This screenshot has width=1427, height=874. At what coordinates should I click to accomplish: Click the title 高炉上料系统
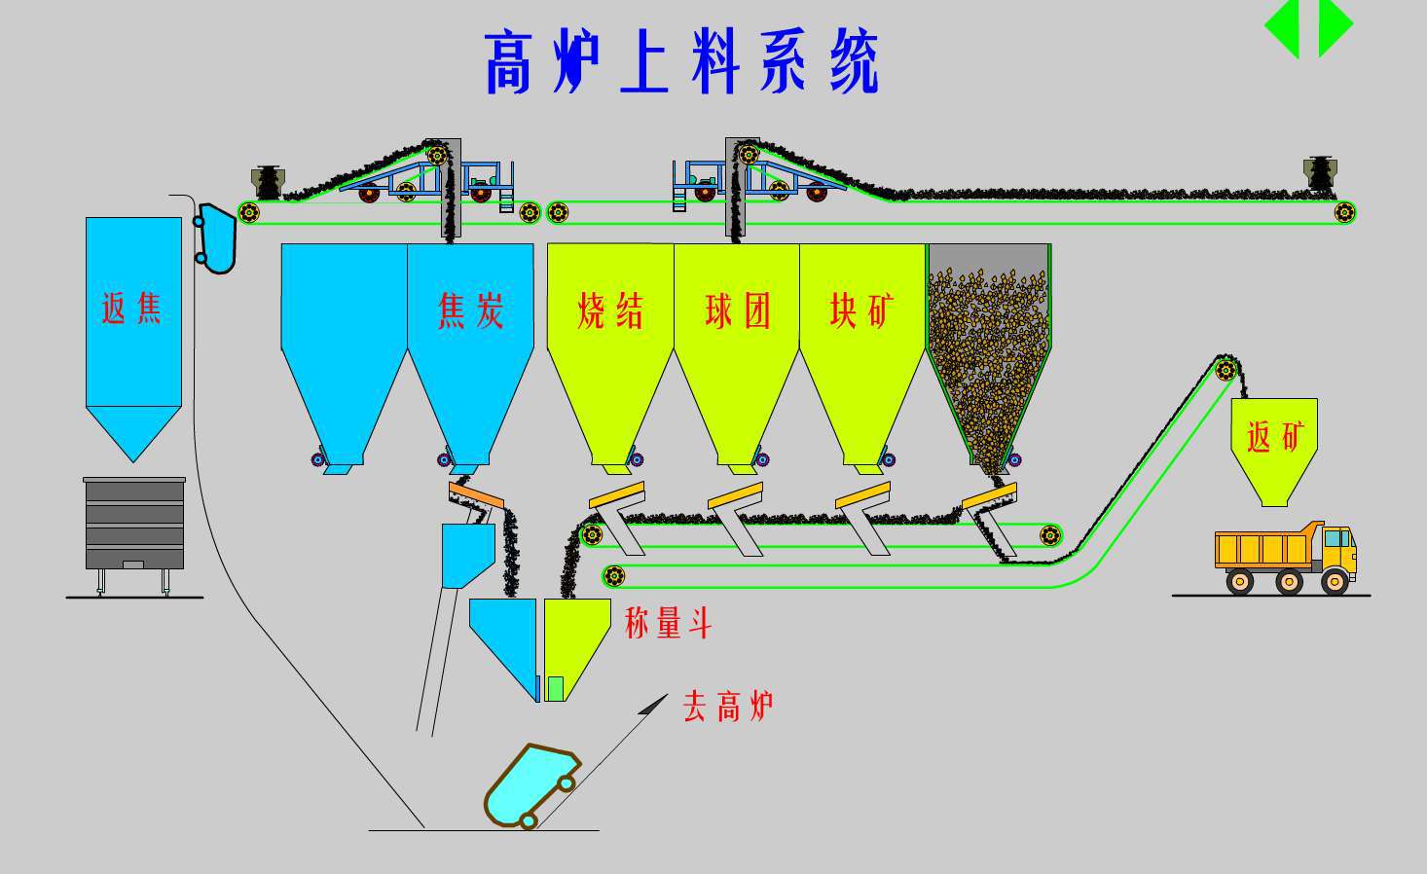(x=681, y=62)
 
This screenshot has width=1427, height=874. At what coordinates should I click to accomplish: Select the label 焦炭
(x=471, y=311)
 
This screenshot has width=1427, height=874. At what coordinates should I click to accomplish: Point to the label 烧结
(x=610, y=311)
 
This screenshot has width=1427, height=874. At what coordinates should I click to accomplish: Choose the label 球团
(x=737, y=311)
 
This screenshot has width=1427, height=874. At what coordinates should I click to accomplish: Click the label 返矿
(x=1274, y=436)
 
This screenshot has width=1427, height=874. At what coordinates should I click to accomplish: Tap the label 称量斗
(x=668, y=623)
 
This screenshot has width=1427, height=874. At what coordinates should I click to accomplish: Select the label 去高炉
(x=728, y=706)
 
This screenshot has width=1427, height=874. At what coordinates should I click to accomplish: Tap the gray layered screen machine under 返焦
(x=134, y=524)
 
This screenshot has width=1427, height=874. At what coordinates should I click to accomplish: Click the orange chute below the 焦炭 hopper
(x=476, y=496)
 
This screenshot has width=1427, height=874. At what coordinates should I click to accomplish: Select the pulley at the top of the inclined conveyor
(x=1226, y=369)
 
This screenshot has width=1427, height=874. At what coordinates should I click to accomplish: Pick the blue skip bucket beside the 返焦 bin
(x=216, y=237)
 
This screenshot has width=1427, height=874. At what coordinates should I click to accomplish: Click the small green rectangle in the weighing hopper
(x=555, y=688)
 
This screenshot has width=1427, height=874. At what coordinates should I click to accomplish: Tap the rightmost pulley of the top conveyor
(x=1344, y=211)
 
